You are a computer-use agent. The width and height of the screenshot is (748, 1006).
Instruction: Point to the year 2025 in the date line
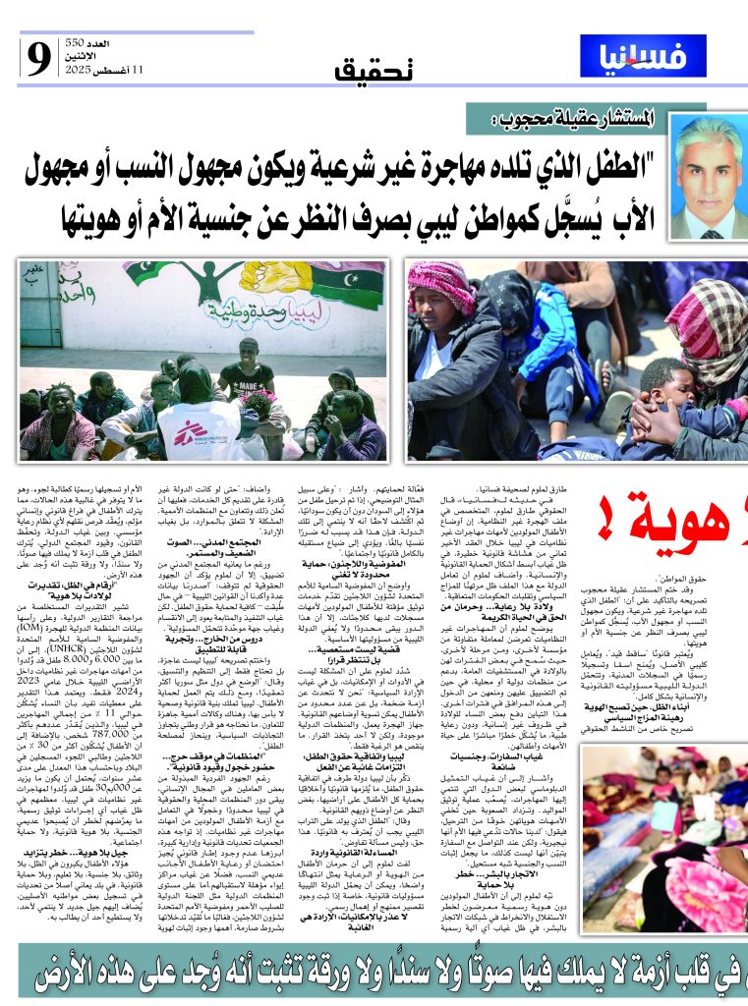tap(76, 72)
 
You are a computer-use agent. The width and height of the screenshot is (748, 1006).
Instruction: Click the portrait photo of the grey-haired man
tap(707, 177)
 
